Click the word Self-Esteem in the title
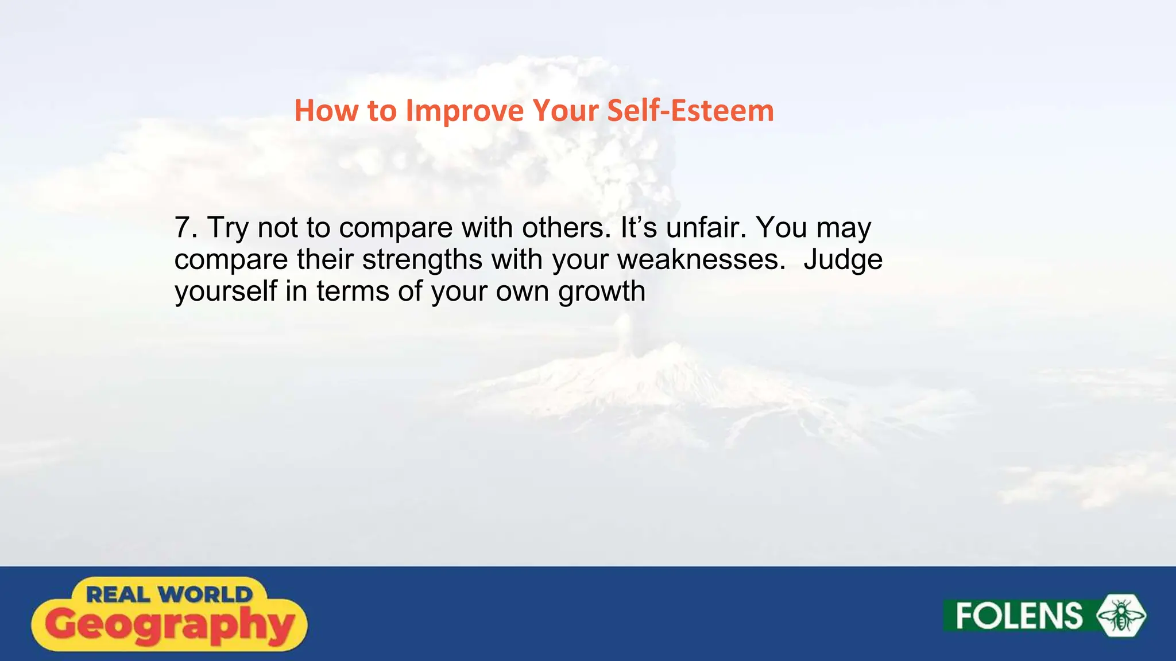(690, 110)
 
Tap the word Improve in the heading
(465, 111)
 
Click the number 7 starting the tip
(183, 228)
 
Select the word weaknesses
(701, 259)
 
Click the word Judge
(842, 260)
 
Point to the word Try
(228, 228)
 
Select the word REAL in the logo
(118, 594)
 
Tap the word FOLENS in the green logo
(1019, 616)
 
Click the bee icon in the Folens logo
(1121, 616)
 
